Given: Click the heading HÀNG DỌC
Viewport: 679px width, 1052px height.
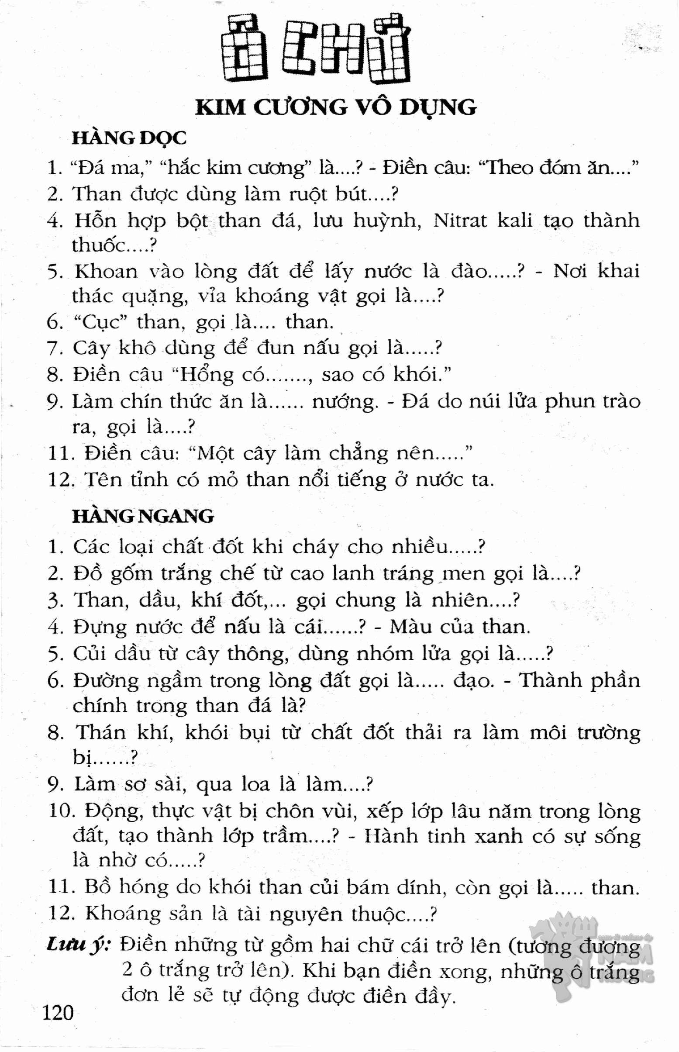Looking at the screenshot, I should click(x=129, y=138).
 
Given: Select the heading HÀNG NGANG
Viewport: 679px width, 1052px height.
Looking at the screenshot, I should click(x=143, y=516).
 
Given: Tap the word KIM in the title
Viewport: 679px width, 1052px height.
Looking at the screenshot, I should click(x=220, y=107).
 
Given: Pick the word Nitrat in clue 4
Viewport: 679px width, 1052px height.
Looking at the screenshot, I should click(x=460, y=220).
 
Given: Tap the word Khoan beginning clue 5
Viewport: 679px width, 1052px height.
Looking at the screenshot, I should click(x=106, y=271).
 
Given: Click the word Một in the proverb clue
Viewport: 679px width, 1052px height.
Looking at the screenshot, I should click(x=216, y=454).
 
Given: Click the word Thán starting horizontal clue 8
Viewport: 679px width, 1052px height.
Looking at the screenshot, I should click(x=100, y=732).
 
